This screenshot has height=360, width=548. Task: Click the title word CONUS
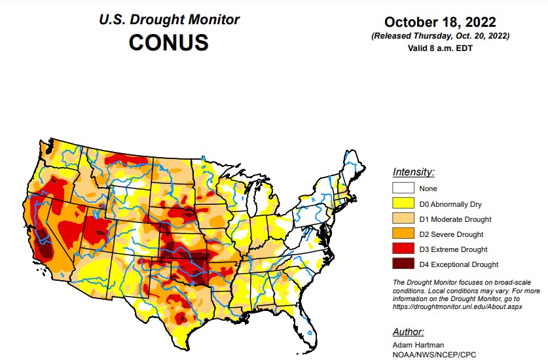[168, 43]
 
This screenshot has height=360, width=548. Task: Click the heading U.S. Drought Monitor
[168, 20]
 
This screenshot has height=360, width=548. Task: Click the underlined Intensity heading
[413, 172]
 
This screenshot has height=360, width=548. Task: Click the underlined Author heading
[407, 331]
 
